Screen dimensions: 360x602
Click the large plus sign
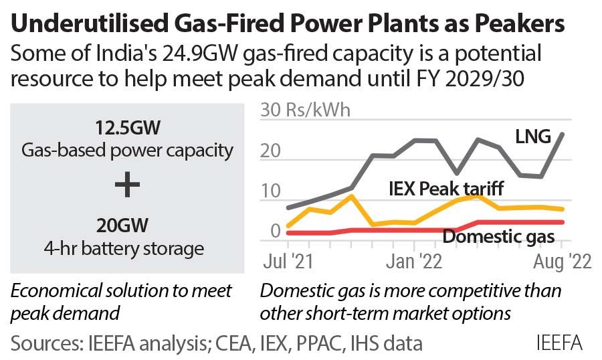coord(128,185)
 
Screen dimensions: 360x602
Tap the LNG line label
coord(532,137)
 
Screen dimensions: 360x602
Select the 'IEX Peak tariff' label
coord(445,188)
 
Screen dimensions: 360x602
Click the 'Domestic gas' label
coord(498,236)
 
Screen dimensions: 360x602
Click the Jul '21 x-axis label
coord(290,262)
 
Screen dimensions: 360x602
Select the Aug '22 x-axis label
coord(561,262)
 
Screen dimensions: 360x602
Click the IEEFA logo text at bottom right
coord(559,343)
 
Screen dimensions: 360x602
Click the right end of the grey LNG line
coord(562,134)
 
